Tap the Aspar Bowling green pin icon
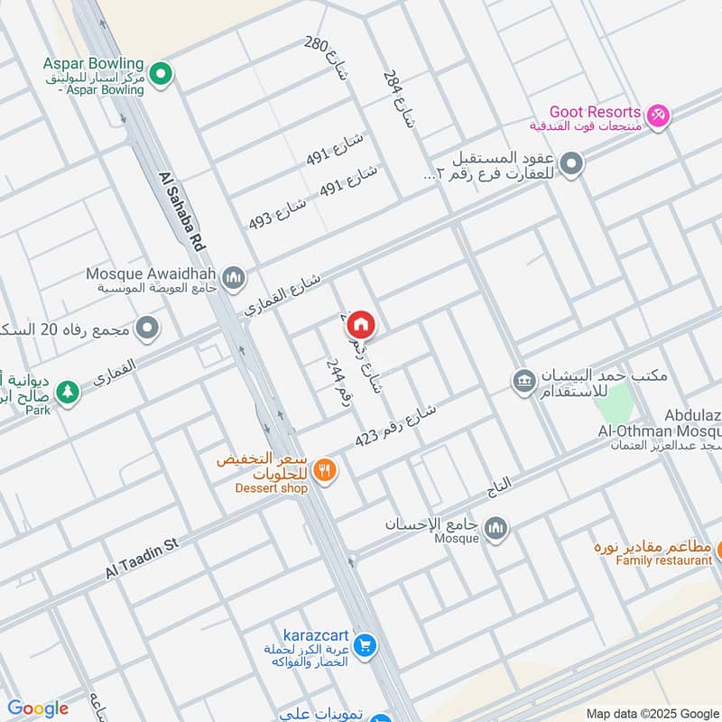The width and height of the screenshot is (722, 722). (161, 73)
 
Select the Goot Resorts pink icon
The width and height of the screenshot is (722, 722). (659, 116)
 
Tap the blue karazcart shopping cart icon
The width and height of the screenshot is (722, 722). (365, 645)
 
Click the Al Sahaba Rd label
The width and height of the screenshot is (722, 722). (181, 212)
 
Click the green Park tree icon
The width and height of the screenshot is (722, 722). (65, 393)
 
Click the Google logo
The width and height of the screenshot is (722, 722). (37, 708)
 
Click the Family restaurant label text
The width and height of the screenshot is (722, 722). (663, 560)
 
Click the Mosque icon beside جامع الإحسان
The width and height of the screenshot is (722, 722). (495, 528)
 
